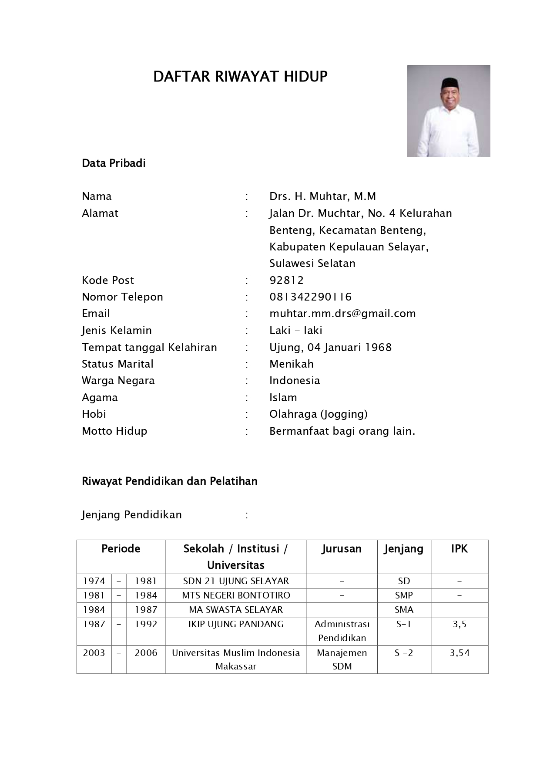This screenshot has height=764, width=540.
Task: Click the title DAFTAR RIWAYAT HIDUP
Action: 240,77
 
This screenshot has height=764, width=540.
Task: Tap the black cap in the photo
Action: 449,82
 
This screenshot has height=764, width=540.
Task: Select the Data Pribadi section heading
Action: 114,163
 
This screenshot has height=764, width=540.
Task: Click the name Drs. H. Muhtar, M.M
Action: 322,196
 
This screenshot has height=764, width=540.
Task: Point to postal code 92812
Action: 286,280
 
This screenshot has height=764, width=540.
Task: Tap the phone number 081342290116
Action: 310,297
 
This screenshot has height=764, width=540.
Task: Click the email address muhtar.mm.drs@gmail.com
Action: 342,314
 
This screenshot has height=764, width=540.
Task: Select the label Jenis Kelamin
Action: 117,331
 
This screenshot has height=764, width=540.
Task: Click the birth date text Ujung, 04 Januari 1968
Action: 330,347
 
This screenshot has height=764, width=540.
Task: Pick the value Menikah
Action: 291,364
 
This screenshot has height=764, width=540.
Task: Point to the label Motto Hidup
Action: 114,431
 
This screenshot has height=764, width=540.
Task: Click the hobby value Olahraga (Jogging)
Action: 318,414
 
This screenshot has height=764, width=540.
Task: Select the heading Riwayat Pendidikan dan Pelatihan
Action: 170,481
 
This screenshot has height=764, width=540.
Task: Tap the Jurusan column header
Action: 342,549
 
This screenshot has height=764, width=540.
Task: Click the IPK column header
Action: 459,549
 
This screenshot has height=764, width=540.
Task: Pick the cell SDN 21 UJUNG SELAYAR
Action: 236,581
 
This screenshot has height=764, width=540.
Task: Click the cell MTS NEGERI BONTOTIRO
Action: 236,595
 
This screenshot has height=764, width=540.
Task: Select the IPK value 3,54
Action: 460,653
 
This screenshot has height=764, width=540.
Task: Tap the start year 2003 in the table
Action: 94,653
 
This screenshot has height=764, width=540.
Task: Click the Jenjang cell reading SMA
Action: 404,610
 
